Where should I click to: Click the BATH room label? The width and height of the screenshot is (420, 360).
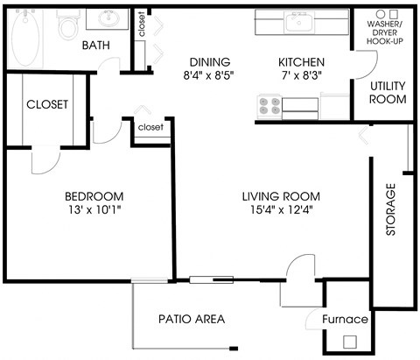tap(95, 45)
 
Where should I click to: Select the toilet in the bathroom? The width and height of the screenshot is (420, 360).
tap(67, 27)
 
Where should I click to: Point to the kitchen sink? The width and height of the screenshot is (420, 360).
tap(300, 21)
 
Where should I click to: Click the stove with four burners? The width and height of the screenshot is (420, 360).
tap(269, 106)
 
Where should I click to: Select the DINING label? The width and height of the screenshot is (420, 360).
tap(209, 62)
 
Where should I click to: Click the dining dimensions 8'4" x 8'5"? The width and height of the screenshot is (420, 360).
tap(209, 76)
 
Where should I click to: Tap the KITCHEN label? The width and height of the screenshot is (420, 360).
tap(301, 62)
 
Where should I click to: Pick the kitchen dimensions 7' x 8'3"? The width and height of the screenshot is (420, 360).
tap(301, 76)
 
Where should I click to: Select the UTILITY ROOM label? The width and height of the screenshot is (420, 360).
tap(387, 92)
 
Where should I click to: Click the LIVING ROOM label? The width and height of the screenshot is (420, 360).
tap(281, 195)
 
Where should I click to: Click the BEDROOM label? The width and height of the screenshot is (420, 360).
tap(94, 195)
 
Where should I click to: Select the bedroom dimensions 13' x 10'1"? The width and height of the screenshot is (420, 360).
tap(94, 210)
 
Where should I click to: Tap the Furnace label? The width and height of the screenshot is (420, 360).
tap(346, 319)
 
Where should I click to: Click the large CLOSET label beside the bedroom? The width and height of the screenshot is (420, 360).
tap(47, 104)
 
